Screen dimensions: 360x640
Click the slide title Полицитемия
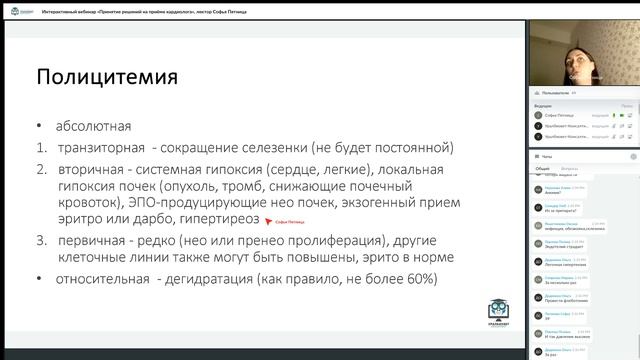tap(107, 76)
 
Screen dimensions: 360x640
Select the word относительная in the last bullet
tap(109, 279)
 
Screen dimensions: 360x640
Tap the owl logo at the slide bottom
tap(497, 312)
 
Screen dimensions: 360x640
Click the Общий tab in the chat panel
tap(542, 169)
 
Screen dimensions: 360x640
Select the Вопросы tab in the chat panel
tap(570, 169)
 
